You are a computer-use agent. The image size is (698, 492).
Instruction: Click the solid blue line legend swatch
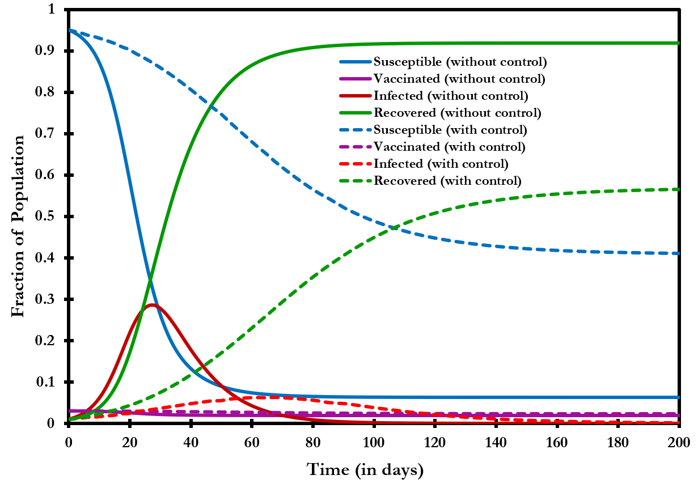click(356, 62)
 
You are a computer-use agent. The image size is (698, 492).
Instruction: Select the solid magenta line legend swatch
click(356, 79)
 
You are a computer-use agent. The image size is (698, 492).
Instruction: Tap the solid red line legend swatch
click(356, 96)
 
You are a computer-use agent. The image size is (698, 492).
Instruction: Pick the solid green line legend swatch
click(356, 113)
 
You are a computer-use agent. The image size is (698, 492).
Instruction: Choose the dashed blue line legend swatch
click(356, 130)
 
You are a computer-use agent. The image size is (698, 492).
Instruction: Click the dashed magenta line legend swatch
click(356, 147)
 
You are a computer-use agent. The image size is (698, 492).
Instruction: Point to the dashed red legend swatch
click(356, 164)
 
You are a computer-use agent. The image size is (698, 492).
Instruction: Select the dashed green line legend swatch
click(356, 181)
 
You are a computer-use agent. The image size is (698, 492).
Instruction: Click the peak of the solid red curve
click(151, 305)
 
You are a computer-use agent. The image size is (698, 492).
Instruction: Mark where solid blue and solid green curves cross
click(150, 279)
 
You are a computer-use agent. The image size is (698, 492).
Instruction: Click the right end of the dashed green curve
click(679, 189)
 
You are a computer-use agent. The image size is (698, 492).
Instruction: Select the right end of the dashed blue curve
click(679, 253)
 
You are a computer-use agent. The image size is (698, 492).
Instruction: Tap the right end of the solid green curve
click(679, 43)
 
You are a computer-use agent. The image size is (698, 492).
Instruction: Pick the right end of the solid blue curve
click(679, 397)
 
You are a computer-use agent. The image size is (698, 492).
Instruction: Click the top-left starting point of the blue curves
click(69, 29)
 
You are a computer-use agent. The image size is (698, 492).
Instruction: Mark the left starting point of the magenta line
click(69, 411)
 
